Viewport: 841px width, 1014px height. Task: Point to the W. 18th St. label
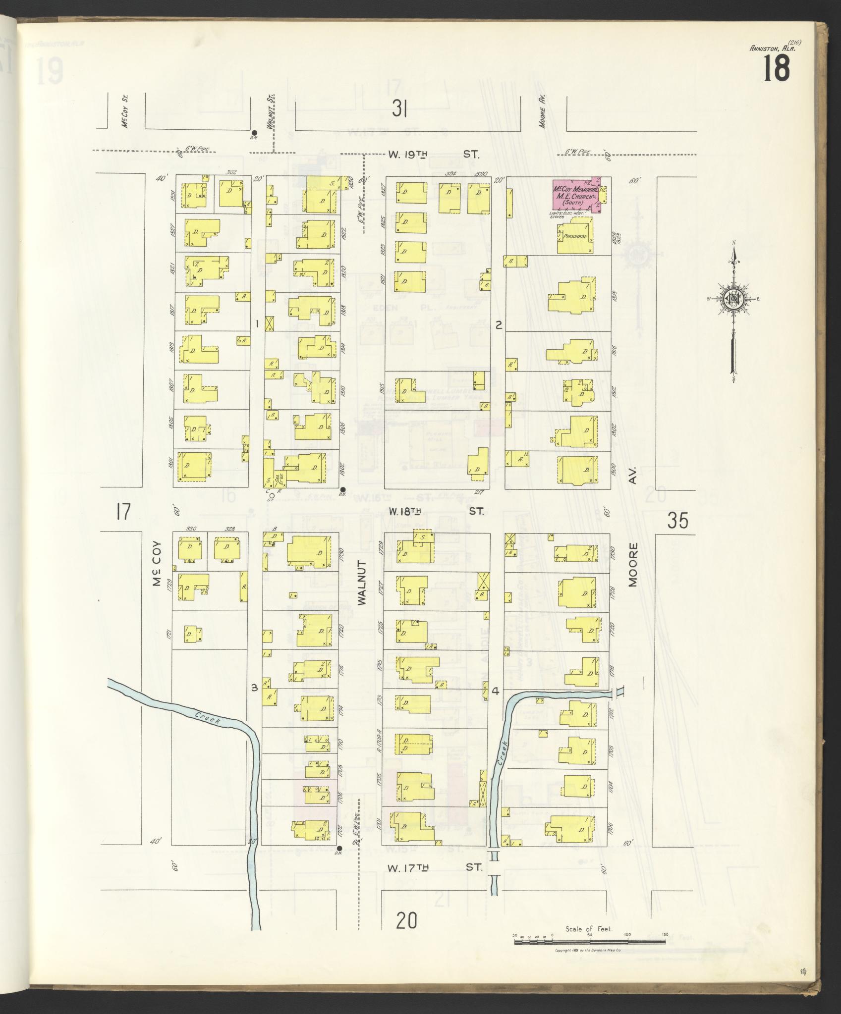point(435,511)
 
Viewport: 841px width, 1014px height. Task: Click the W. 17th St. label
point(434,534)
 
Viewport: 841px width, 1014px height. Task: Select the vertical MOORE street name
point(633,565)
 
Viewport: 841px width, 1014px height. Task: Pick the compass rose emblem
point(732,298)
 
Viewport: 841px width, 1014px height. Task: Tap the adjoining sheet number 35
point(677,521)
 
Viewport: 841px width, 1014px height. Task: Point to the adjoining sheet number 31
point(399,108)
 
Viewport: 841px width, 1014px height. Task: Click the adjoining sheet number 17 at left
point(123,511)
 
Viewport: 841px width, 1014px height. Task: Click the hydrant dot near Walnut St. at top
point(254,133)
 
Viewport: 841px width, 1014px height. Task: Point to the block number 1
point(257,324)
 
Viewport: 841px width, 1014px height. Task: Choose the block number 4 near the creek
point(495,691)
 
